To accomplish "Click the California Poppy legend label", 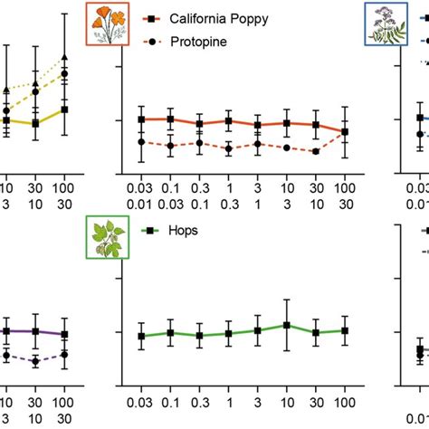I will pos(217,18).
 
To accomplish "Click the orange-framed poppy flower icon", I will pos(108,24).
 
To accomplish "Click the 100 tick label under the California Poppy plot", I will pos(344,186).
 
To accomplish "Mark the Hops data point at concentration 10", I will pos(286,325).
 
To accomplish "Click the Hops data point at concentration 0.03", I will pos(141,336).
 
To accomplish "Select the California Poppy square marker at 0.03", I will pos(141,119).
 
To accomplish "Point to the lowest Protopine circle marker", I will pos(315,151).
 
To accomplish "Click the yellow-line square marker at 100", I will pos(64,110).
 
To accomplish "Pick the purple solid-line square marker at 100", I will pos(64,334).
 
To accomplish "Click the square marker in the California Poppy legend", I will pos(155,18).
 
